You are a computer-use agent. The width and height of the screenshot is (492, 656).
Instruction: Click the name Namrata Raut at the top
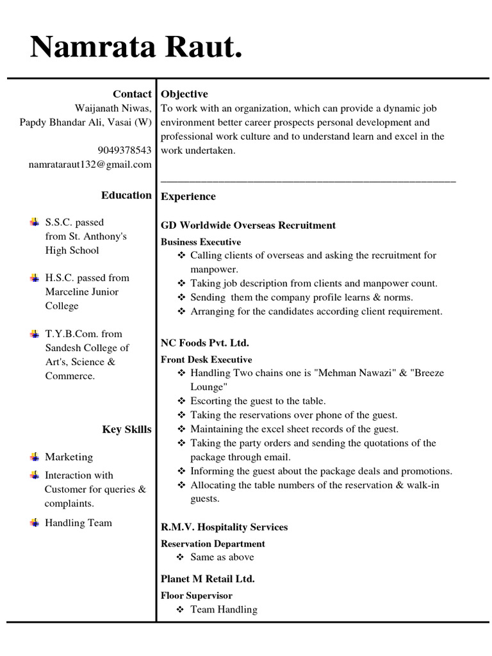click(x=136, y=48)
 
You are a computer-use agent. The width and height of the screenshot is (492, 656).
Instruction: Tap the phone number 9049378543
click(x=124, y=151)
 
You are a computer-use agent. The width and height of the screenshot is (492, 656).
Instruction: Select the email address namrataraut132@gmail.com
click(x=90, y=165)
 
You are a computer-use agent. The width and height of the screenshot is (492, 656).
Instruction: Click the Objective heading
click(x=184, y=94)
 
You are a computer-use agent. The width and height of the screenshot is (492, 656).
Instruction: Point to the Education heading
click(x=126, y=195)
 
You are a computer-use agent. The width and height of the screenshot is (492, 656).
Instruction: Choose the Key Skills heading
click(x=127, y=429)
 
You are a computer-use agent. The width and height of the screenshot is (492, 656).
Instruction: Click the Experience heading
click(x=188, y=197)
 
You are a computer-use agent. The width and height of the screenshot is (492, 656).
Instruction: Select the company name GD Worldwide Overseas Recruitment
click(x=248, y=225)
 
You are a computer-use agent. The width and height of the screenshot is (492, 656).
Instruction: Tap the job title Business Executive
click(x=201, y=242)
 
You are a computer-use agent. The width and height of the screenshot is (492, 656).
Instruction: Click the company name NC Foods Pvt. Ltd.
click(x=205, y=343)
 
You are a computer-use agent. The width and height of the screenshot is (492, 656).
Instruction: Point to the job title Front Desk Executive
click(x=206, y=359)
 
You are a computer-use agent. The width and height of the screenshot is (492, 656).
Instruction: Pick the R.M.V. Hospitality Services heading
click(x=224, y=527)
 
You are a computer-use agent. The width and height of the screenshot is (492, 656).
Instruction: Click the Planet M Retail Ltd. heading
click(x=208, y=579)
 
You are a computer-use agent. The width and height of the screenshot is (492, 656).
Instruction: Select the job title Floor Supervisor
click(x=197, y=596)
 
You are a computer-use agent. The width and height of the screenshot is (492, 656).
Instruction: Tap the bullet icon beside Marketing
click(x=34, y=457)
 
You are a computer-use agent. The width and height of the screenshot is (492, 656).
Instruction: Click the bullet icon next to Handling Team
click(x=34, y=523)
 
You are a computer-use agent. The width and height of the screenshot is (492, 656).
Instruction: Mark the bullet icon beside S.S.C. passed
click(x=34, y=222)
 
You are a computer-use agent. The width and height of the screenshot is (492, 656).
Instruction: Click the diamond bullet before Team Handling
click(x=181, y=610)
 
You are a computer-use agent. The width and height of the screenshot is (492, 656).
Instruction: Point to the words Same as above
click(x=222, y=557)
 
